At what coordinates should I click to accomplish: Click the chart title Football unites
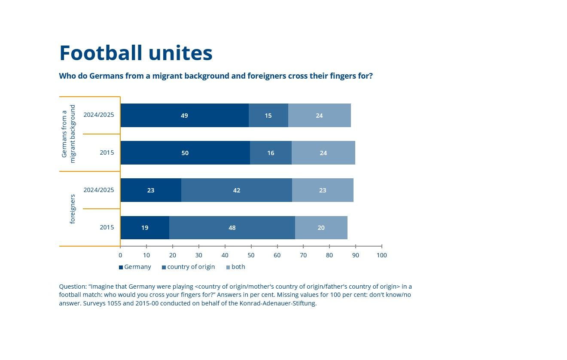pyautogui.click(x=136, y=53)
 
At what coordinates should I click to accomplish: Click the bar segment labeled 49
pyautogui.click(x=185, y=116)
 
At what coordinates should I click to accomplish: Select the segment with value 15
pyautogui.click(x=268, y=116)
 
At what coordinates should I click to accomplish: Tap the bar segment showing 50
pyautogui.click(x=185, y=153)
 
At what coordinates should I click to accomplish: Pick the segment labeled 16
pyautogui.click(x=271, y=153)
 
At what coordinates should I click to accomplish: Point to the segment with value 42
pyautogui.click(x=237, y=190)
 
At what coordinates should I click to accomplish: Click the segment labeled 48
pyautogui.click(x=232, y=228)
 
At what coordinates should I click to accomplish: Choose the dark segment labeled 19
pyautogui.click(x=145, y=228)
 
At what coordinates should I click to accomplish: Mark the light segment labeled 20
pyautogui.click(x=321, y=228)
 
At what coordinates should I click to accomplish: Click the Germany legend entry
pyautogui.click(x=135, y=267)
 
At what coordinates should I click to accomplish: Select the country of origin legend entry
pyautogui.click(x=188, y=267)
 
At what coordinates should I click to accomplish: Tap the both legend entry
pyautogui.click(x=236, y=267)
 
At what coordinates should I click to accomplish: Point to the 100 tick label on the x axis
pyautogui.click(x=382, y=255)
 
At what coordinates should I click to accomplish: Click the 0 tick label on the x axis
pyautogui.click(x=120, y=255)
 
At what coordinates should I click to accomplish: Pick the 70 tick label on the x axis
pyautogui.click(x=303, y=255)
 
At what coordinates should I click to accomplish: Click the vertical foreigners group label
pyautogui.click(x=73, y=209)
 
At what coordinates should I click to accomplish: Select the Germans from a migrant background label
pyautogui.click(x=68, y=134)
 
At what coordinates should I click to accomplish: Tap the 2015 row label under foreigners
pyautogui.click(x=107, y=227)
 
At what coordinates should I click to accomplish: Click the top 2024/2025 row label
pyautogui.click(x=99, y=115)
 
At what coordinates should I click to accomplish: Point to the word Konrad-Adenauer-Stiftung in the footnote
pyautogui.click(x=277, y=303)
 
